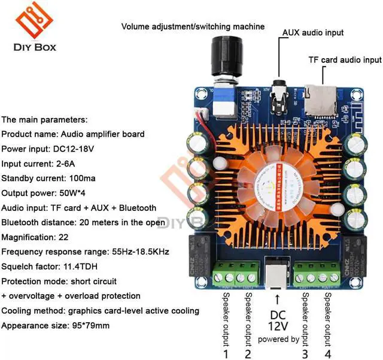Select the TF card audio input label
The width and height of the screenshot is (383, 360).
pos(344,60)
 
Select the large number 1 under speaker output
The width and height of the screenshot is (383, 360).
pos(226,353)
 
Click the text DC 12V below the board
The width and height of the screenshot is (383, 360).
pos(277,320)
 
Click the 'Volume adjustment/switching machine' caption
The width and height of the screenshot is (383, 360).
pos(193,26)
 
